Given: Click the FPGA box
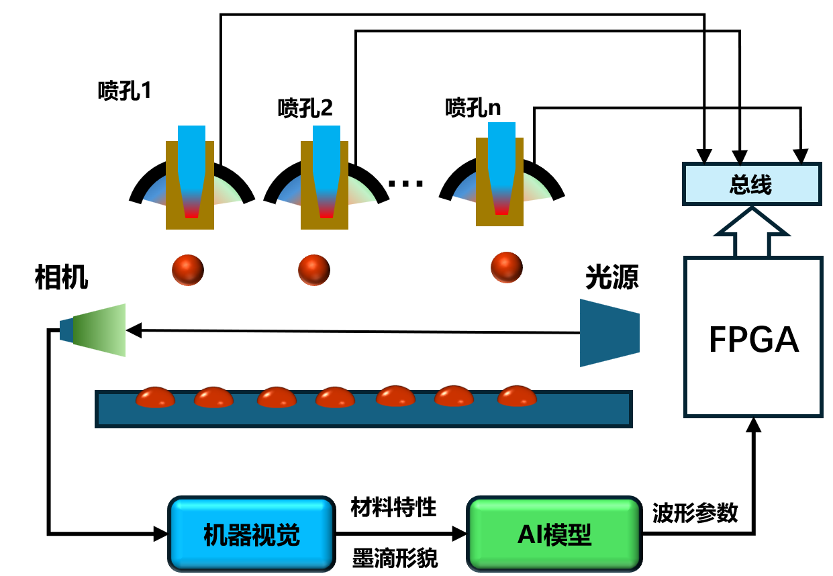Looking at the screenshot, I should coord(753,337).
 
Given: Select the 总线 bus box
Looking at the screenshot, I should coord(751,184).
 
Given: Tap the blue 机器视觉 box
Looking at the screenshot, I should coord(251,534).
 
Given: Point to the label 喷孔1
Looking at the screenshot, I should coord(125,91).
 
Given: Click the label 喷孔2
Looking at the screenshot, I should coord(305,107).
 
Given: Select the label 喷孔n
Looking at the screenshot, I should coord(473,107).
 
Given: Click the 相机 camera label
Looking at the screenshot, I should coord(61,277).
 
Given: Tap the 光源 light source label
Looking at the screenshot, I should coord(612,277).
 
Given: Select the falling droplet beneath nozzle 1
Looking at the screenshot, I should coord(188,270).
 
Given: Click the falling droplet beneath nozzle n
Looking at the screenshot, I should coord(506,267).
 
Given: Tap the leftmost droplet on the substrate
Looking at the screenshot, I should coord(156,397).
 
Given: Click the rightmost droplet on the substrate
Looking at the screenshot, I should coord(518,396).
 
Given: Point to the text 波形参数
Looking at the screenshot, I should coord(695,513).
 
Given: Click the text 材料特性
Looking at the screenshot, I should coord(394,508).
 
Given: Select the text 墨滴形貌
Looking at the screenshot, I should coord(394,557).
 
